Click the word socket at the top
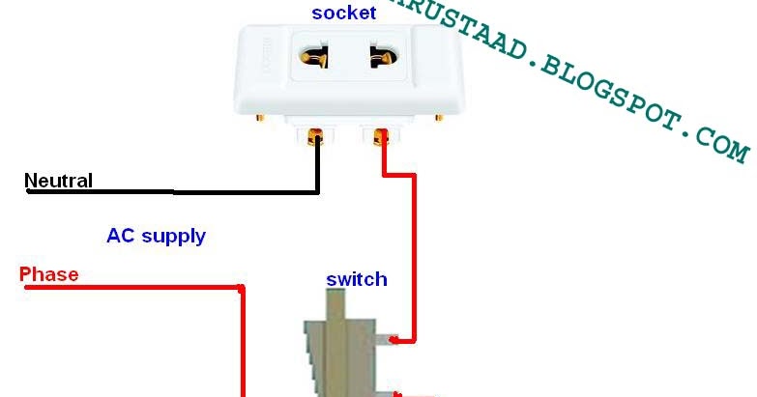click(x=343, y=14)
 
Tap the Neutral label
click(x=58, y=181)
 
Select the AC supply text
click(x=156, y=236)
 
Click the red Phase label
click(x=49, y=274)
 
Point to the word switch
click(x=357, y=280)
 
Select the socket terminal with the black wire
click(x=315, y=137)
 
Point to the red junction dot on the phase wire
click(x=242, y=288)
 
